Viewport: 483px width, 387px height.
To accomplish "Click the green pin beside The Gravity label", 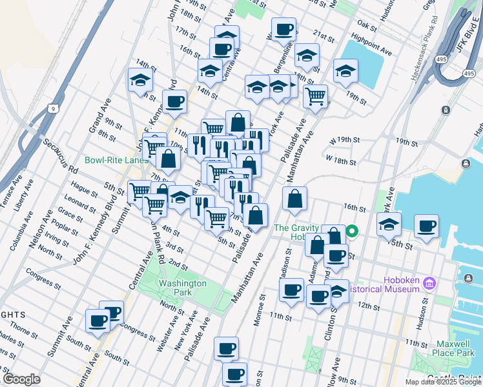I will click(x=352, y=230).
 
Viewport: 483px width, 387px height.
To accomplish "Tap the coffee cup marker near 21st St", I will click(x=283, y=30).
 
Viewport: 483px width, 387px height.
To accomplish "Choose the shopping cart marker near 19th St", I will click(x=315, y=96).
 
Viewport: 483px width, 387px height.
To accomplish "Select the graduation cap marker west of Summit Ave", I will click(x=140, y=81).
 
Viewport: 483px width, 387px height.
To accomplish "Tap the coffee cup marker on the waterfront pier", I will click(x=426, y=226).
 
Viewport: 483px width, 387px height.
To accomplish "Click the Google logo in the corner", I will click(x=21, y=379).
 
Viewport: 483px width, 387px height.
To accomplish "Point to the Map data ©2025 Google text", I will click(x=442, y=382).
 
